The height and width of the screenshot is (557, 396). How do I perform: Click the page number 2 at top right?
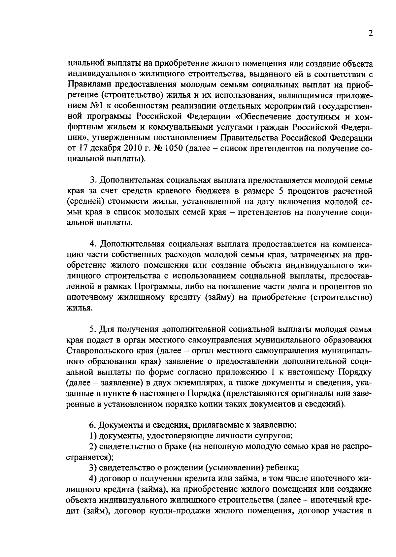point(371,34)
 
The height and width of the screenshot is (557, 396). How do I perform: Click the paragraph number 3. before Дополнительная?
point(93,180)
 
